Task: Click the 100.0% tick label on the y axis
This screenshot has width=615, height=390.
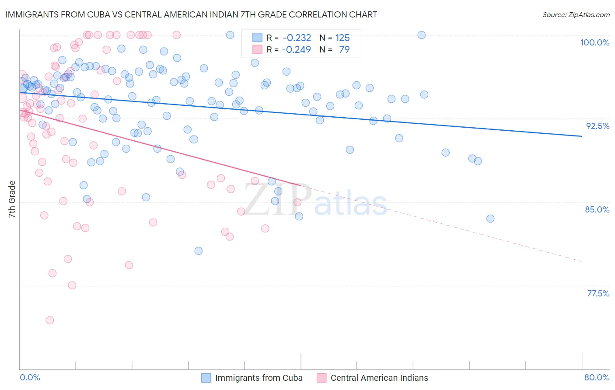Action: tap(594, 42)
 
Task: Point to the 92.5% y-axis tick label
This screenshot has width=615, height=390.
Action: tap(598, 126)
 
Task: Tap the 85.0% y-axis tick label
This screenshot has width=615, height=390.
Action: tap(597, 209)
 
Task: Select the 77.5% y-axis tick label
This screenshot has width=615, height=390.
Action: tap(598, 293)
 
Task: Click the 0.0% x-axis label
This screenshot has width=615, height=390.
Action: tap(30, 377)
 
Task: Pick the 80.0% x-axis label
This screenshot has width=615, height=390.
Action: tap(597, 377)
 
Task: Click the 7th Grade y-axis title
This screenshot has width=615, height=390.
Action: tap(12, 199)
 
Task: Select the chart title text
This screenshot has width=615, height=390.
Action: tap(191, 14)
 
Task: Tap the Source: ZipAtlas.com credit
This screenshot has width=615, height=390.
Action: tap(576, 14)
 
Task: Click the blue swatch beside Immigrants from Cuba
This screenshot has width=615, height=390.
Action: tap(206, 378)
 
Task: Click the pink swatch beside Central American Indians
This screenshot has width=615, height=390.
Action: tap(321, 378)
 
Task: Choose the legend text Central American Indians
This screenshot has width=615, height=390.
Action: tap(379, 378)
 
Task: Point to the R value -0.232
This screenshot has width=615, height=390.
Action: tap(297, 38)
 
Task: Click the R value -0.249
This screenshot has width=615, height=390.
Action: tap(297, 49)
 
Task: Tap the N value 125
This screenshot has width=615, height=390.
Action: tap(342, 38)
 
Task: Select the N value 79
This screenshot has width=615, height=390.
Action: tap(344, 49)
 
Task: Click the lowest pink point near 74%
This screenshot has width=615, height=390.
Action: tap(50, 320)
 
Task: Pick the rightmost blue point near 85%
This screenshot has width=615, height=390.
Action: tap(490, 219)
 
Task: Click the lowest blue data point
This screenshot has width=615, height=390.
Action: tap(199, 251)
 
